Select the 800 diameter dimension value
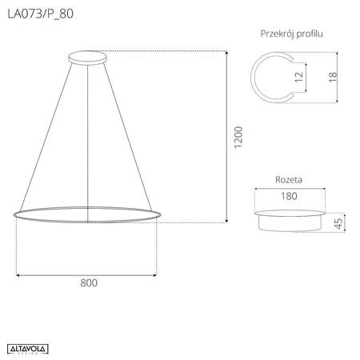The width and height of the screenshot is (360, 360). pyautogui.click(x=87, y=282)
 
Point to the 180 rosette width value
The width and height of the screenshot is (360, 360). pyautogui.click(x=290, y=195)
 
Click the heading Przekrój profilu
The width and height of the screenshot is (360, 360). pyautogui.click(x=293, y=34)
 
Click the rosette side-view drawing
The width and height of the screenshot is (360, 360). pyautogui.click(x=290, y=220)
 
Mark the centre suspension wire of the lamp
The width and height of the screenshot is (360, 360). pyautogui.click(x=87, y=136)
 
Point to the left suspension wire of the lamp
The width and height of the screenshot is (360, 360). pyautogui.click(x=49, y=135)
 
